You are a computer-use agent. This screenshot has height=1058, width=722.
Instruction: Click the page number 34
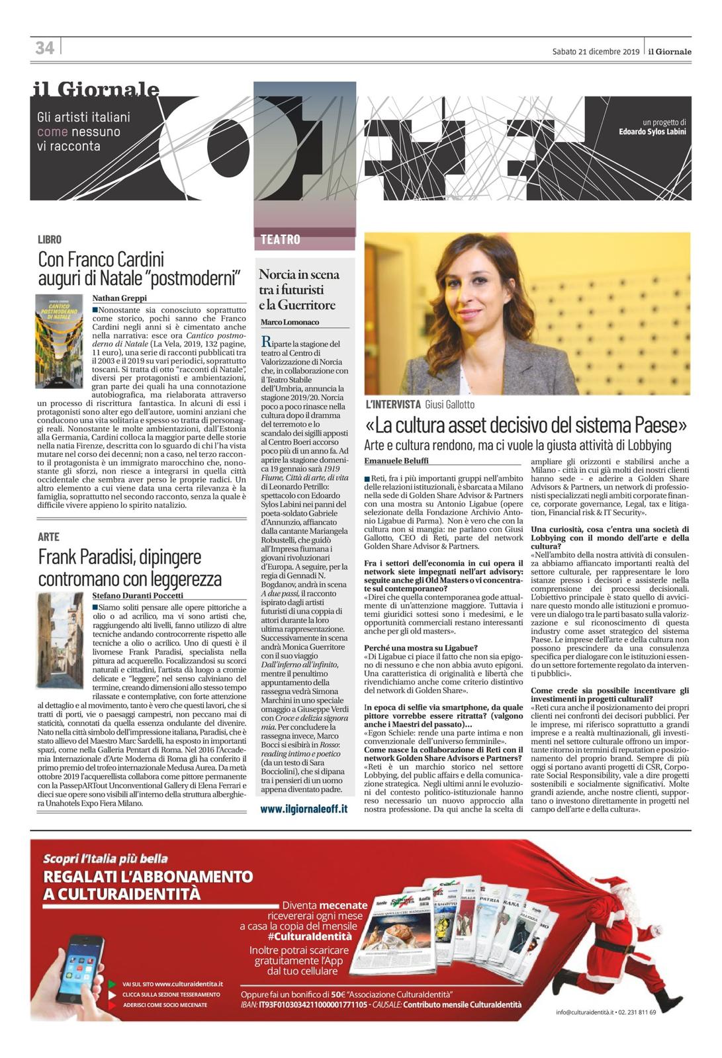click(44, 48)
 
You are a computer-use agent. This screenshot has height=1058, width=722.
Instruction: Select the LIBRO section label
click(50, 239)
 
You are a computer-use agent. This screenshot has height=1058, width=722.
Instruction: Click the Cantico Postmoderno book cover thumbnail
click(59, 341)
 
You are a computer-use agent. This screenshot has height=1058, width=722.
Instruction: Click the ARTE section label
click(48, 537)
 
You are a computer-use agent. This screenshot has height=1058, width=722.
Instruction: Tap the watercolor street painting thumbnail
click(60, 639)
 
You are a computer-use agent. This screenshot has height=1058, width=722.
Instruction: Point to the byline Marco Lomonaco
click(290, 322)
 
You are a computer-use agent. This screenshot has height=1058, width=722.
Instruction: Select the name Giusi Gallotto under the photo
click(449, 404)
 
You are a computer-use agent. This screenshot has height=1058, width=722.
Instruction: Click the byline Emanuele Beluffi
click(396, 460)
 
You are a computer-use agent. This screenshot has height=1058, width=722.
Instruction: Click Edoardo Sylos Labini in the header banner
click(653, 132)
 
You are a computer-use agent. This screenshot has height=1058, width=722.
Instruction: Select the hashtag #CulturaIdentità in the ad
click(309, 936)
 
